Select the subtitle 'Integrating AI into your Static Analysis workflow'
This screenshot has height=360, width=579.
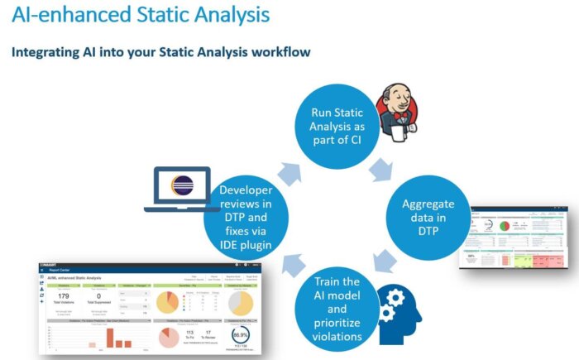[160, 52]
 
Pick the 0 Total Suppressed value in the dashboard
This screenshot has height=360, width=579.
[98, 295]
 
